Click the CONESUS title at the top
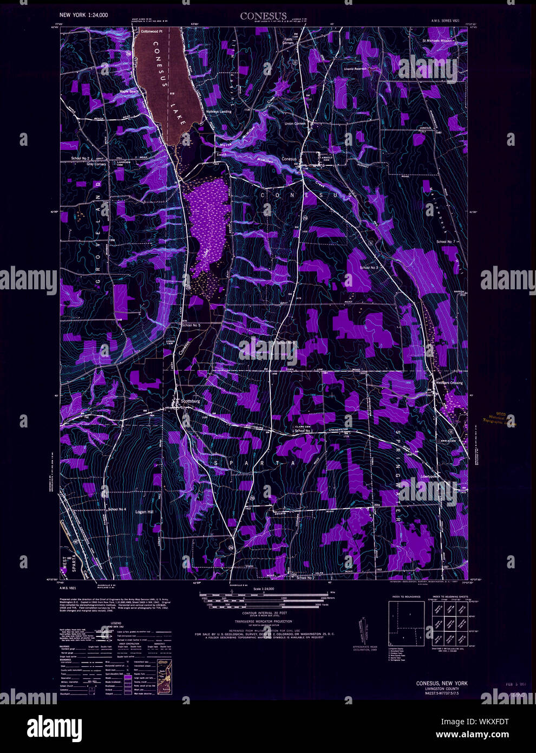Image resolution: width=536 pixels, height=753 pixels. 263,16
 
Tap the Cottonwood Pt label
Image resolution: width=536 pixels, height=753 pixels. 152,32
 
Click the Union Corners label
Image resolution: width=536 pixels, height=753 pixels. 296,124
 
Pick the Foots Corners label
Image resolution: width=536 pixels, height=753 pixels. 288,41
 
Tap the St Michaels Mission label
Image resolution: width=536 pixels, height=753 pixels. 437,41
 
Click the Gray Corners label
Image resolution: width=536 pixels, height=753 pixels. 96,164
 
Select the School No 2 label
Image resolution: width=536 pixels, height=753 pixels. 80,158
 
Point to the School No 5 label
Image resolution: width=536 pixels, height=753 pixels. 191,325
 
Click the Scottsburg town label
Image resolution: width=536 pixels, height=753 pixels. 190,401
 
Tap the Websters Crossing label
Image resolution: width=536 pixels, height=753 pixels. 449,383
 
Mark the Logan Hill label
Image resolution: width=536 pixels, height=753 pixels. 145,511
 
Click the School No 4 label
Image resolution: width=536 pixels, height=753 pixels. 116,510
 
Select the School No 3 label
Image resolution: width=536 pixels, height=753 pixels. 369,268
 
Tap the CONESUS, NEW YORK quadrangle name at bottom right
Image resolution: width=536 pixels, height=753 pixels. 441,683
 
